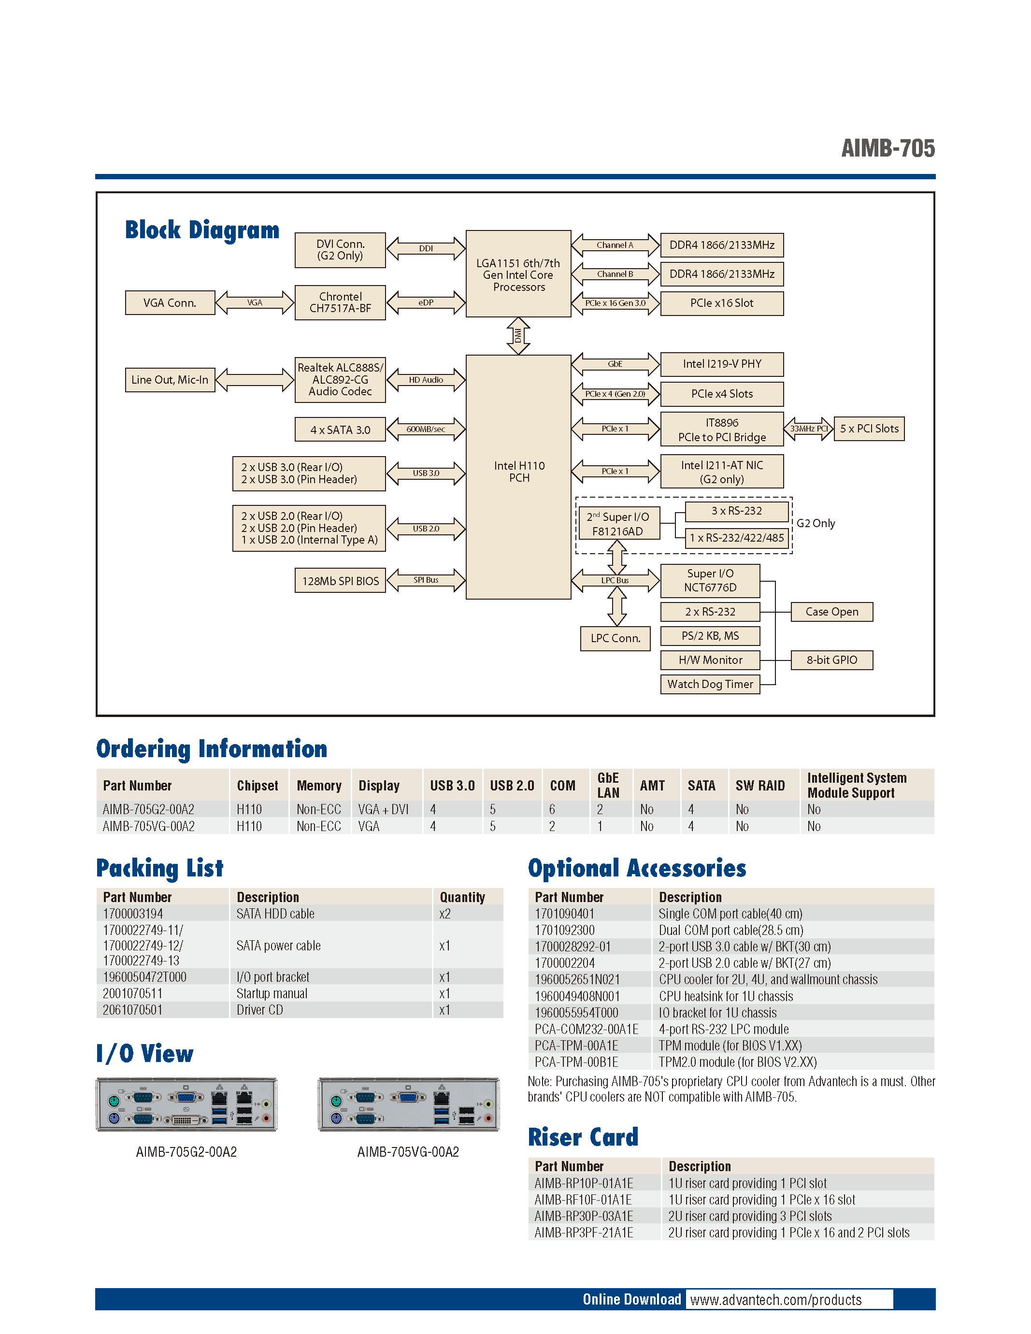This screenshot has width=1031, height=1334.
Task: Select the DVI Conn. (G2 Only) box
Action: (x=340, y=250)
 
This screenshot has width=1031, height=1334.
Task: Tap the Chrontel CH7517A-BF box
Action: (x=340, y=302)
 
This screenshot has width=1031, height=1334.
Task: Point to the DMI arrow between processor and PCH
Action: (x=518, y=335)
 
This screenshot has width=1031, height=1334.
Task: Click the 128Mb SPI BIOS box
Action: (x=340, y=581)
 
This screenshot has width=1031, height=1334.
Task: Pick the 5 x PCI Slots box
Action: (x=869, y=429)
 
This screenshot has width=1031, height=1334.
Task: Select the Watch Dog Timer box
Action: (x=710, y=684)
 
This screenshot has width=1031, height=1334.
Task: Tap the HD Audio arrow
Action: (x=426, y=380)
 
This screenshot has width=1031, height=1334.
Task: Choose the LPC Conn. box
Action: (x=615, y=638)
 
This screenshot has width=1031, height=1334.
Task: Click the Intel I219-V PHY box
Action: (x=721, y=364)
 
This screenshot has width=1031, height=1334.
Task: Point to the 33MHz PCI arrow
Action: (x=808, y=429)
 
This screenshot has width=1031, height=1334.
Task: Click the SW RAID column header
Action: (x=760, y=786)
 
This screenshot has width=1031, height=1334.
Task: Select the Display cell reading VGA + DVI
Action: (x=383, y=809)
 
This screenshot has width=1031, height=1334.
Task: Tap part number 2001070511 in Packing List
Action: (x=132, y=993)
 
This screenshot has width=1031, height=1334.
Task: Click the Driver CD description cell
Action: (x=259, y=1010)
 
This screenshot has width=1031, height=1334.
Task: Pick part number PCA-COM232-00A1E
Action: (x=587, y=1029)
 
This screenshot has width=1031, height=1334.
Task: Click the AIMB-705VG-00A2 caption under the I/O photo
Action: (x=408, y=1152)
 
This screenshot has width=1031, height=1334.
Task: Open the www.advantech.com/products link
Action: (x=776, y=1300)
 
